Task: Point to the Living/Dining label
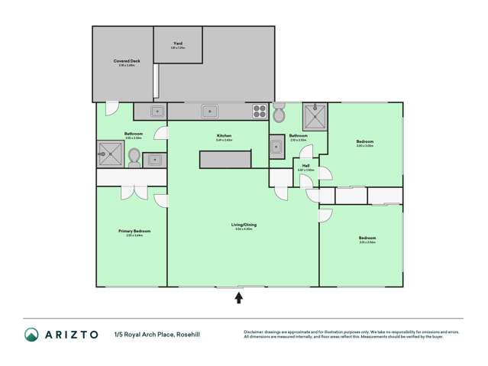click(x=244, y=225)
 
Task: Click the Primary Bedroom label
click(x=134, y=232)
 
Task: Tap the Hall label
click(x=305, y=166)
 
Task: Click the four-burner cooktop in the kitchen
click(x=260, y=112)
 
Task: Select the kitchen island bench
click(x=225, y=159)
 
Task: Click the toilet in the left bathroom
click(x=135, y=156)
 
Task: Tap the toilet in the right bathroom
click(x=280, y=115)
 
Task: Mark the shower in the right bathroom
click(x=314, y=117)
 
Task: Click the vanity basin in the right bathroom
click(x=276, y=149)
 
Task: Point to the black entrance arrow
click(x=239, y=298)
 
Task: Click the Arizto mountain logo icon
click(x=32, y=334)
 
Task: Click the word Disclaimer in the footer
click(x=255, y=330)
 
